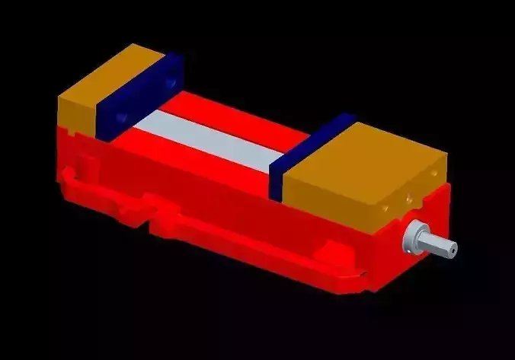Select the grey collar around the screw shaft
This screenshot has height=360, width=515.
(x=416, y=236)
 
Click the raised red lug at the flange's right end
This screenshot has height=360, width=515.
(x=332, y=247)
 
